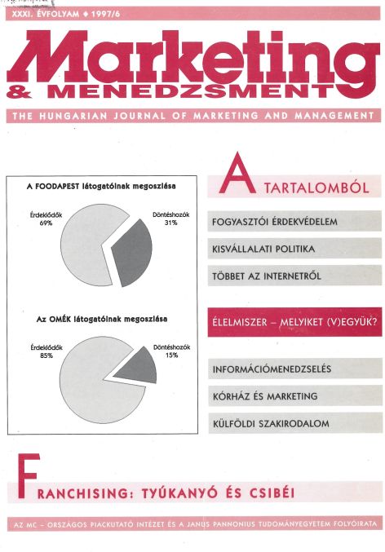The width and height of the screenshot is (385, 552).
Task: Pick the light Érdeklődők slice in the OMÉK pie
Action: [77, 375]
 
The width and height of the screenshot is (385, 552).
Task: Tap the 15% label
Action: [171, 355]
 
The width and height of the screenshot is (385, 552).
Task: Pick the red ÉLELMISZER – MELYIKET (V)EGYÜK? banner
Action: [294, 320]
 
